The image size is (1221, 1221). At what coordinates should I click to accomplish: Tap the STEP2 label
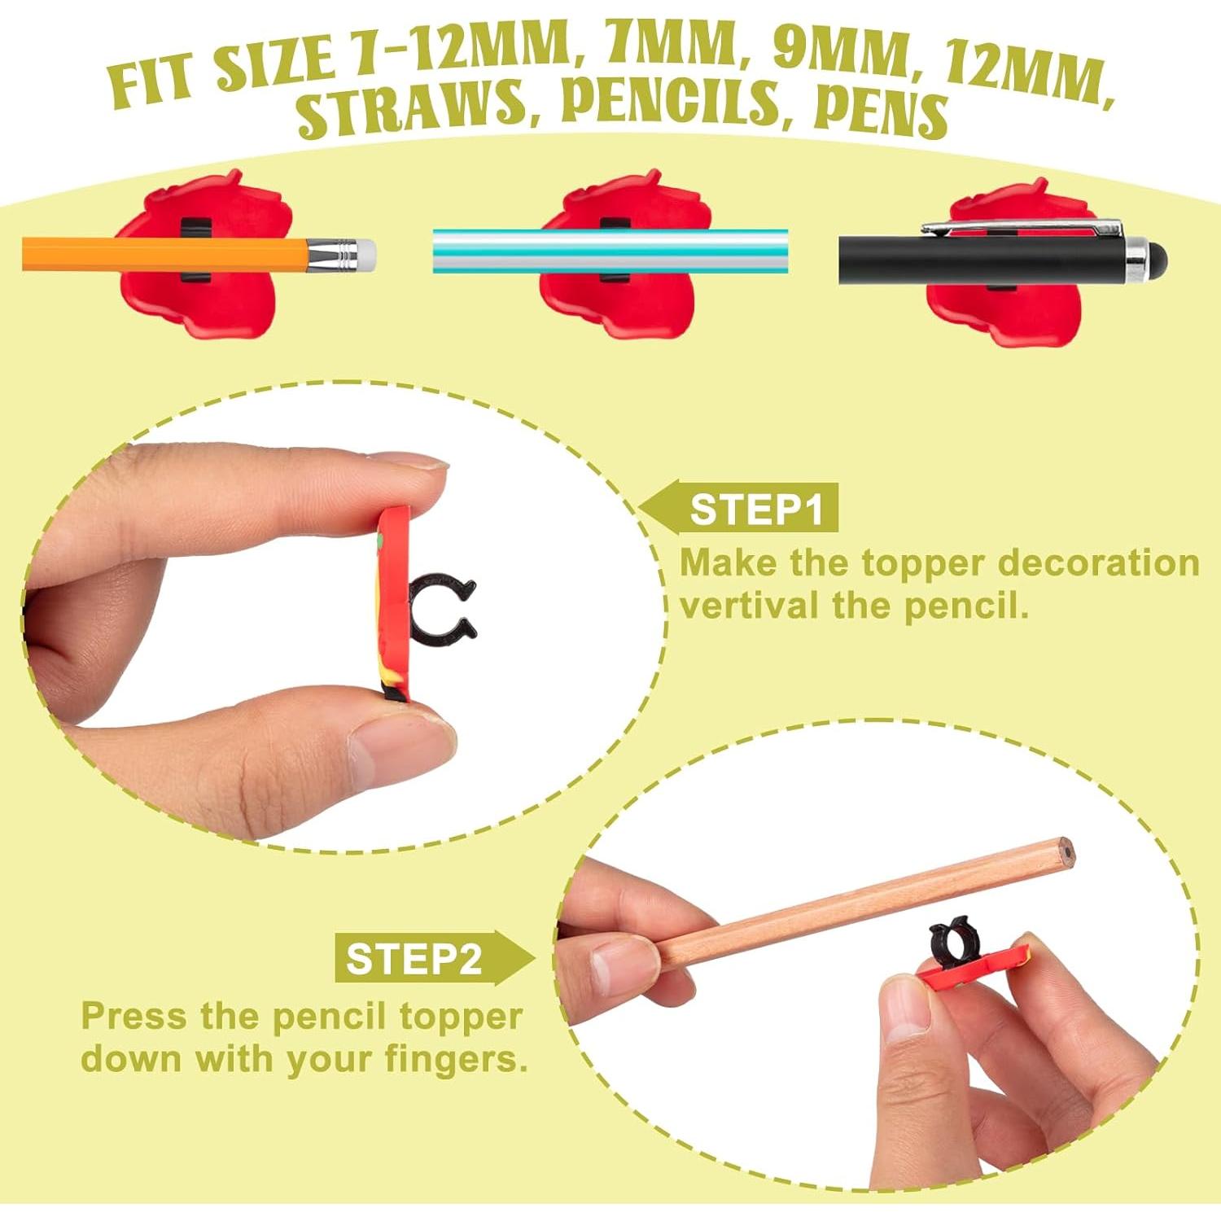(414, 959)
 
